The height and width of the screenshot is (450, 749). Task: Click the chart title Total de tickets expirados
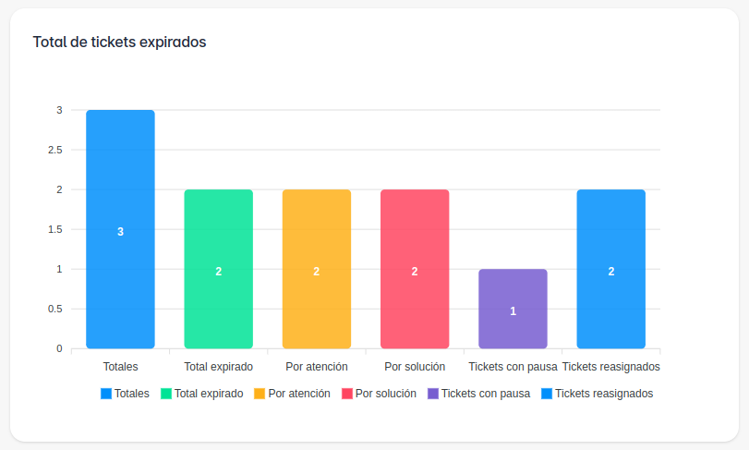click(x=119, y=42)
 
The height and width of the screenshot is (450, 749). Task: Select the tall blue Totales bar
click(x=120, y=185)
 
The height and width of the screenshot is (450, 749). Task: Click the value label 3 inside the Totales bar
click(x=120, y=232)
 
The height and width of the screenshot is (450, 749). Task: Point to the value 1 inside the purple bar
click(x=513, y=311)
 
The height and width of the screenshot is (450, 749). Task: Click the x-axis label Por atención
click(x=317, y=367)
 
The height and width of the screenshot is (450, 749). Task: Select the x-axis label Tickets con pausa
click(x=513, y=367)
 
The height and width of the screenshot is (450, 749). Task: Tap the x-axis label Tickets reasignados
click(x=610, y=367)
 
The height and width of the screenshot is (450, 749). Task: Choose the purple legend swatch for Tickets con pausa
click(x=433, y=394)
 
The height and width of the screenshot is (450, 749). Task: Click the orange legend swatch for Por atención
click(x=260, y=394)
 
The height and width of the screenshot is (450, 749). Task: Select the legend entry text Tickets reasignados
click(x=604, y=394)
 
